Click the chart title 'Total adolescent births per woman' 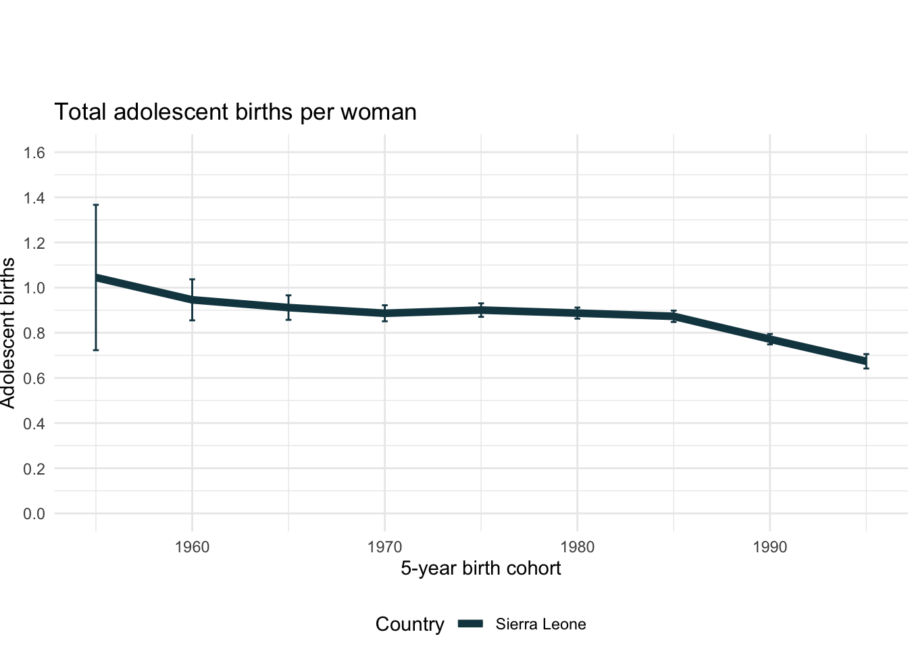tap(235, 112)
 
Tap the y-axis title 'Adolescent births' tap(8, 333)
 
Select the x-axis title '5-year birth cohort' tap(480, 568)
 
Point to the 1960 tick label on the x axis tap(192, 547)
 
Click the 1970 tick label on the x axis tap(384, 547)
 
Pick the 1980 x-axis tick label tap(577, 547)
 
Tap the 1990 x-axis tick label tap(770, 547)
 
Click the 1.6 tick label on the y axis tap(34, 153)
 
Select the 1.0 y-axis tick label tap(34, 288)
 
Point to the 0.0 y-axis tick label tap(34, 514)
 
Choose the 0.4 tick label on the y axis tap(34, 424)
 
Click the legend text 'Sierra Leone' tap(540, 625)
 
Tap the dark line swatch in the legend tap(471, 625)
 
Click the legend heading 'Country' tap(409, 625)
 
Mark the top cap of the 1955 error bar tap(96, 205)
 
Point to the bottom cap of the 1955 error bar tap(96, 350)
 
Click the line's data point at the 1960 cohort tap(192, 299)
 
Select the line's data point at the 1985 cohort tap(674, 316)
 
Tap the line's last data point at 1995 tap(866, 361)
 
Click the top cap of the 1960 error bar tap(192, 279)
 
